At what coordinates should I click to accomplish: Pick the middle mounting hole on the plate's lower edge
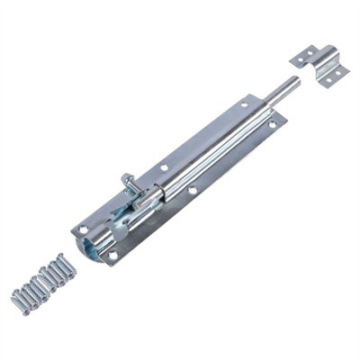[191, 189]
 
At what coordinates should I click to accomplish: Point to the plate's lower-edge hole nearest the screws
[112, 256]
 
